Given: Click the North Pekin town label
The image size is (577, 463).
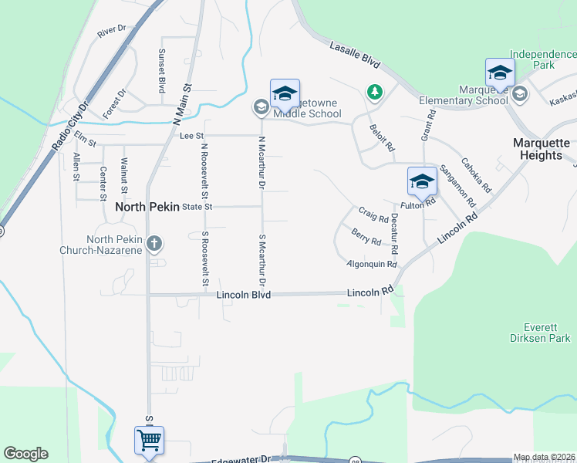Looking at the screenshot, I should tap(147, 207).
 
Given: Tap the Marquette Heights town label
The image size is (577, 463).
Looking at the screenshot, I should tap(541, 149).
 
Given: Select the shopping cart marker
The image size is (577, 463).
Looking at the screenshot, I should tap(149, 441).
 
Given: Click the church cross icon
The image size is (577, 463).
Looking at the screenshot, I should tap(154, 245).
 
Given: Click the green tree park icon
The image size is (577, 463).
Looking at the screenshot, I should tap(374, 93).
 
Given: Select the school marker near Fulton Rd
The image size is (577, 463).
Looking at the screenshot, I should tap(422, 182).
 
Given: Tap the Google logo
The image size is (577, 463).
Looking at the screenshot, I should tap(25, 454).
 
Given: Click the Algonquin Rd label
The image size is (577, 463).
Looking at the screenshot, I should tap(371, 265).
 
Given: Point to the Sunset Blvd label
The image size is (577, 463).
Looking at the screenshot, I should tap(162, 71).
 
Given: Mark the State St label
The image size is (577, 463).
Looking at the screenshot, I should tap(196, 207).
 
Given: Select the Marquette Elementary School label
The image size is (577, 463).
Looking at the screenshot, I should tap(463, 95).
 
